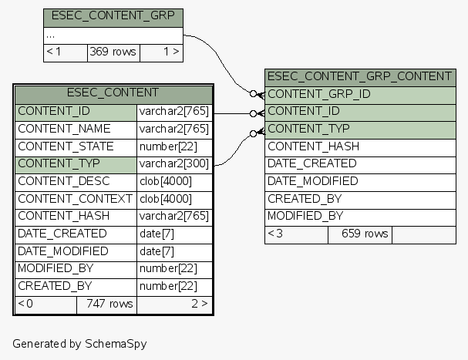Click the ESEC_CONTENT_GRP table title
click(x=113, y=16)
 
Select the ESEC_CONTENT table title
click(x=113, y=93)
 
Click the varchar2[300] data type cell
click(x=174, y=164)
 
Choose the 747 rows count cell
click(x=106, y=304)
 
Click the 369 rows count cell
click(x=113, y=52)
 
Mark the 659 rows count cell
click(x=360, y=234)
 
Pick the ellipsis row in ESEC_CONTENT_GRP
click(x=113, y=35)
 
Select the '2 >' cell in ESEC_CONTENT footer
click(x=199, y=304)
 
